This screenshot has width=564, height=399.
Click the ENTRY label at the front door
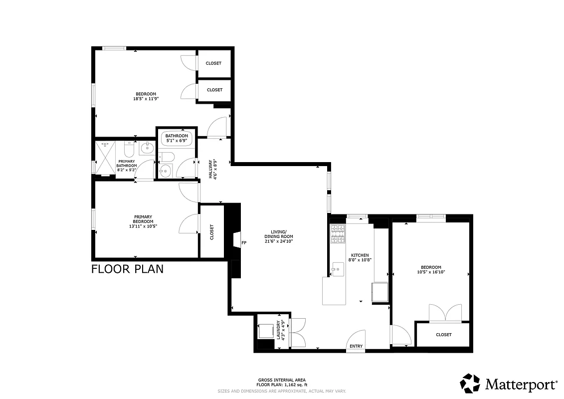[356, 346]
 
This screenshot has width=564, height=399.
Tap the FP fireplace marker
[244, 243]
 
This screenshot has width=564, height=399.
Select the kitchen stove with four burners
[338, 234]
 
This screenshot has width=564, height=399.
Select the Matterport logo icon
[470, 384]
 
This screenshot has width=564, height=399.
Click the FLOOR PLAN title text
[128, 270]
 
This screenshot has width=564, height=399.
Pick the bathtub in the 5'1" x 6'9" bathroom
[177, 138]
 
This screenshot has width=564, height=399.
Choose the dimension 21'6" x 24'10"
[279, 241]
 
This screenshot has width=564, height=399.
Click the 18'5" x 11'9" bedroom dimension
[146, 99]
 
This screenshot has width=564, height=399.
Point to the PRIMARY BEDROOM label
[143, 219]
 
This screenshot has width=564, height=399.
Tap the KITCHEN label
[360, 255]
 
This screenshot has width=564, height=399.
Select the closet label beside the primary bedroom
[212, 231]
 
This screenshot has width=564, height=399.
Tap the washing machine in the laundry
[265, 331]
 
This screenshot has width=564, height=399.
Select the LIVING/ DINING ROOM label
[279, 234]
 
